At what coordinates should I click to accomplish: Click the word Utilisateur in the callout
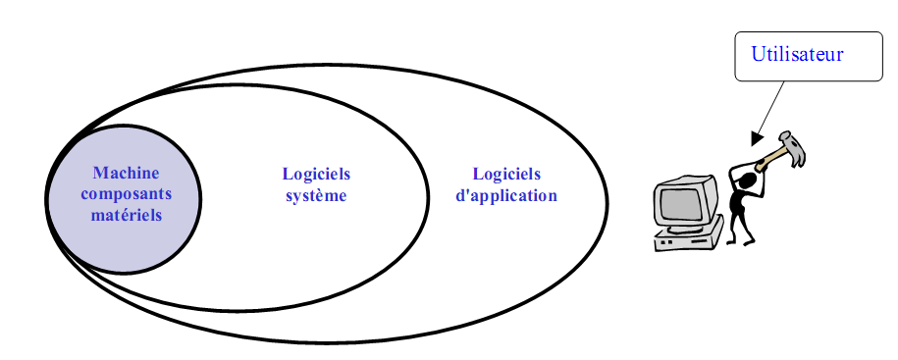797,55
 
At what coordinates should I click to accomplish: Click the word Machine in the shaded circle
126,173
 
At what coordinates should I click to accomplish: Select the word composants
126,193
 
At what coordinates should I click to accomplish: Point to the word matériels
126,214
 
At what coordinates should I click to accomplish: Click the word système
316,195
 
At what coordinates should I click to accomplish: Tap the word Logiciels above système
316,175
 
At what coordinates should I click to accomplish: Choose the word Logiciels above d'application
506,175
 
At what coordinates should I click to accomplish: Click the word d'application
506,195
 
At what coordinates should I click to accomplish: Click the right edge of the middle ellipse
429,196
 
